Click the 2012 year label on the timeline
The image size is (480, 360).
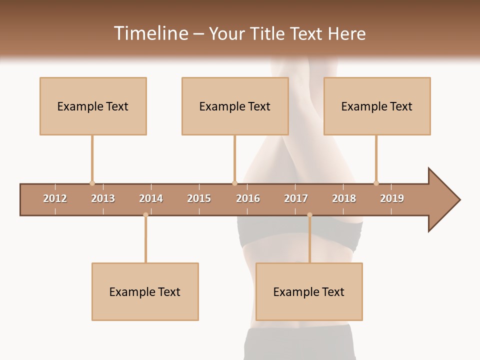55,198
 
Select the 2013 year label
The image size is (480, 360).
103,198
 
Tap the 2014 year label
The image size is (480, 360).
151,198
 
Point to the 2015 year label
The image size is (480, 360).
199,198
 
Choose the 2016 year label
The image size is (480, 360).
248,198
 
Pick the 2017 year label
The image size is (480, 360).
296,198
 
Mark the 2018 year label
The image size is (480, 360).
344,198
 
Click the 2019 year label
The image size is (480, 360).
392,198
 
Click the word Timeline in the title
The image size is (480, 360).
150,33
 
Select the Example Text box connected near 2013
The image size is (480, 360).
93,106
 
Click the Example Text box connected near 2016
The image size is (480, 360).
235,106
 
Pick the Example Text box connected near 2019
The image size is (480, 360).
377,106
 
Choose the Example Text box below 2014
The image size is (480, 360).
145,291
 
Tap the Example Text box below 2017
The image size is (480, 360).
309,291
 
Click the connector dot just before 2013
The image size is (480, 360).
92,183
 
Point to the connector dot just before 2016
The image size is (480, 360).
234,183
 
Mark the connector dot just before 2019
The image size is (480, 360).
376,183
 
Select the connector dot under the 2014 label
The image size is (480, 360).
145,215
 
